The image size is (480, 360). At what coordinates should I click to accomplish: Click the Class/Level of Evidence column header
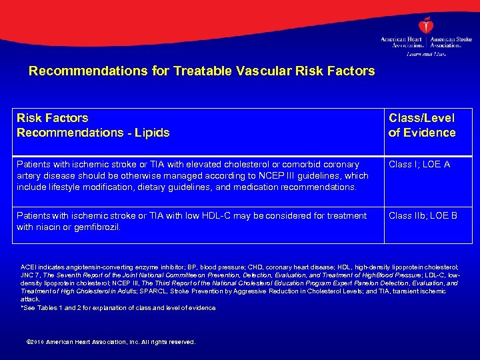click(x=422, y=125)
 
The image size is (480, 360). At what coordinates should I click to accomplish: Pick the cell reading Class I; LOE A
click(x=419, y=164)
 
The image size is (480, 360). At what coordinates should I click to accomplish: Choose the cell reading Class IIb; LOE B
click(x=423, y=216)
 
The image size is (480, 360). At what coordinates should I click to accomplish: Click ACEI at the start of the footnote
click(x=30, y=267)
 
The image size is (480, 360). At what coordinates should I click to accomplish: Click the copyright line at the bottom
click(x=109, y=342)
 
